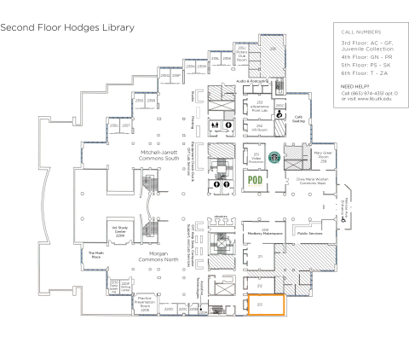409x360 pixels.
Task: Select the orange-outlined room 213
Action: [266, 327]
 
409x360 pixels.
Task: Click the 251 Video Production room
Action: [256, 157]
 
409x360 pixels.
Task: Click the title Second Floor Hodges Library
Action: [68, 27]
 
